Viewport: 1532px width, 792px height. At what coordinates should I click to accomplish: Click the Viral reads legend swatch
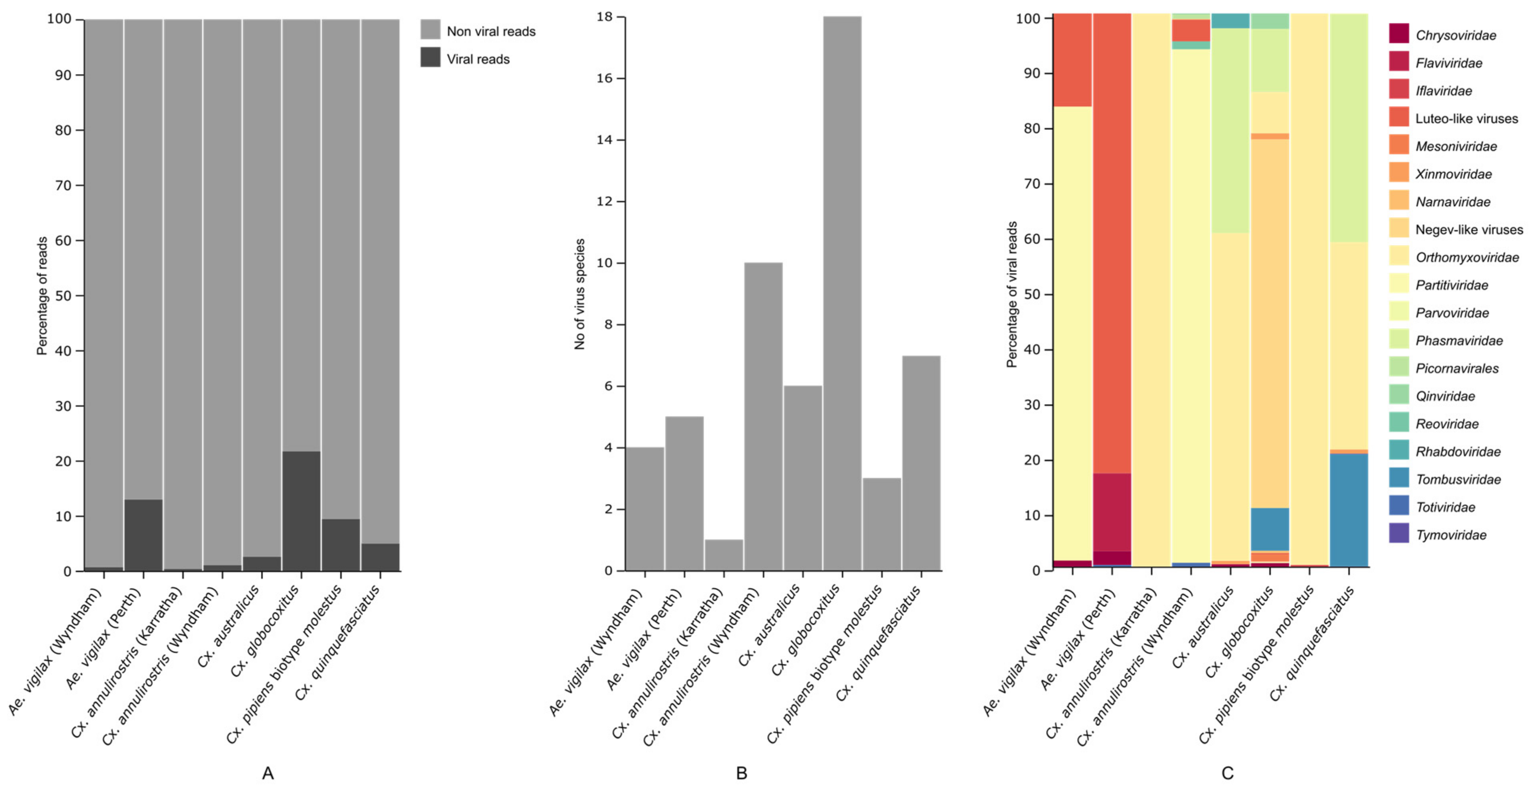click(430, 57)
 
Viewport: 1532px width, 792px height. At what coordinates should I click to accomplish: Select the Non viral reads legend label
click(491, 32)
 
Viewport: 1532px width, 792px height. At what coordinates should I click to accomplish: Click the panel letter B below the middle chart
click(741, 773)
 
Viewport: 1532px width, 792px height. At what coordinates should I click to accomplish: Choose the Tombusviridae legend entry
click(1458, 479)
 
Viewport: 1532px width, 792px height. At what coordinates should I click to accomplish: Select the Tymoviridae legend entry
click(1451, 535)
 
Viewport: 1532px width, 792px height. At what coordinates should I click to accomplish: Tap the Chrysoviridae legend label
click(1455, 35)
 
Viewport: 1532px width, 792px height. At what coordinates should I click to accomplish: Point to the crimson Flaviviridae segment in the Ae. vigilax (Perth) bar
click(1111, 511)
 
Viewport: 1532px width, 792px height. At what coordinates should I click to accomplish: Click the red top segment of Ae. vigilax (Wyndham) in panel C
click(1072, 59)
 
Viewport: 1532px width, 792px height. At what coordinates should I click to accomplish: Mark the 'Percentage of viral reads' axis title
click(1012, 294)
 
